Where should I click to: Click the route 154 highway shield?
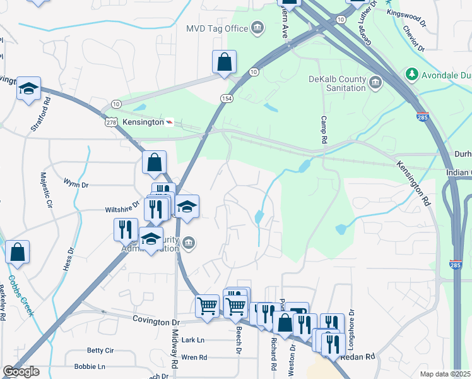(227, 99)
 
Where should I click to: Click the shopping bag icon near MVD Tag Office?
(224, 63)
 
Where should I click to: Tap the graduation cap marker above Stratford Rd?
(28, 89)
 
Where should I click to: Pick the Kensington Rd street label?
(413, 184)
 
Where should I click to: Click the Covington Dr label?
(154, 320)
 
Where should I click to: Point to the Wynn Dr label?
(76, 184)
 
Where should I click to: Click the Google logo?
(21, 371)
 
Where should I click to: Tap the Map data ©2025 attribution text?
(445, 374)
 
